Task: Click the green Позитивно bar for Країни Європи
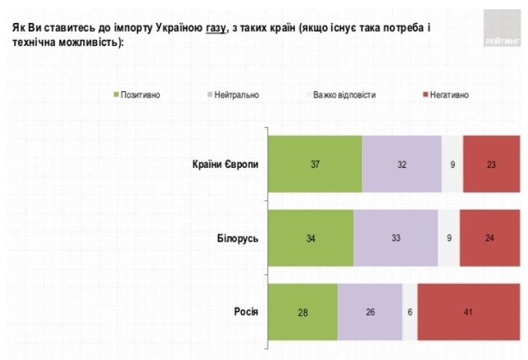click(315, 164)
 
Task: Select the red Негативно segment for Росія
click(468, 312)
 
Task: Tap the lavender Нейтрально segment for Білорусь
click(395, 238)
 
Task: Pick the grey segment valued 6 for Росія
click(410, 312)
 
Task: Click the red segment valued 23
click(491, 164)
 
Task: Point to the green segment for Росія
click(302, 312)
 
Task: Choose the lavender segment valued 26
click(369, 312)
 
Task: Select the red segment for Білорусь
click(489, 238)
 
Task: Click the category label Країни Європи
click(223, 164)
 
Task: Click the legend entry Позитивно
click(141, 95)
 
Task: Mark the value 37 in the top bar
click(315, 164)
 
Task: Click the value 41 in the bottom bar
click(468, 313)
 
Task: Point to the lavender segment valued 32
click(402, 164)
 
